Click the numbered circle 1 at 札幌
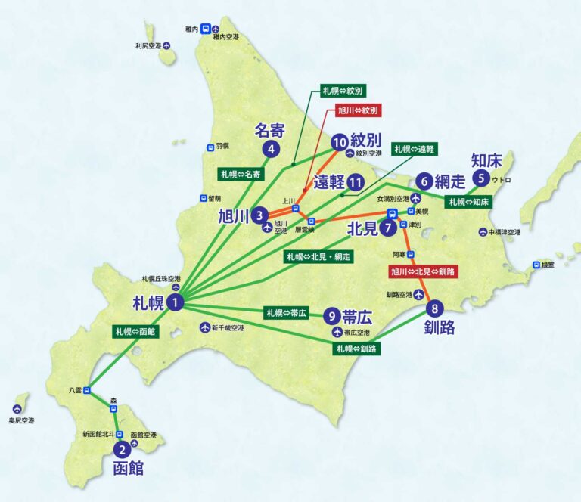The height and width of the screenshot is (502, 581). point(176,302)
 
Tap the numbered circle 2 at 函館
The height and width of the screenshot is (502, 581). point(126,448)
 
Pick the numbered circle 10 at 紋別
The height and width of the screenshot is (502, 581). point(339,141)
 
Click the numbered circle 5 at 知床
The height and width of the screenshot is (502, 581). point(480,178)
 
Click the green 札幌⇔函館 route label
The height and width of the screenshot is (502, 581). point(136,331)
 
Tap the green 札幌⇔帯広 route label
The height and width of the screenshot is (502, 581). point(286,311)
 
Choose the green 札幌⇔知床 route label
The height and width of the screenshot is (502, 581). point(470,202)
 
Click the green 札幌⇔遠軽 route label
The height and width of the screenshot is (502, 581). point(415,149)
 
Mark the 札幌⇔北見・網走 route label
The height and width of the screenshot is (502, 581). point(318,257)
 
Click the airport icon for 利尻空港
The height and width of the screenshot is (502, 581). point(168,46)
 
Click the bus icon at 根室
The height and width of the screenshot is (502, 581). point(536,265)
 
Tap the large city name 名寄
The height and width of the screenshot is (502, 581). point(270,131)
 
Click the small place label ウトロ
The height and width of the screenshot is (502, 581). point(502,180)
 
